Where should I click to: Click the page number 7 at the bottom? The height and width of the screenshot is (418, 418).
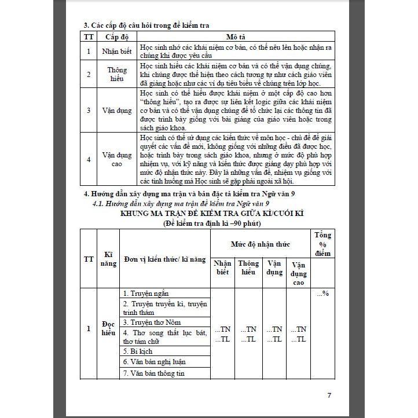point(329,396)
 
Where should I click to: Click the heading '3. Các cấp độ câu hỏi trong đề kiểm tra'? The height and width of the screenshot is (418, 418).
point(147,25)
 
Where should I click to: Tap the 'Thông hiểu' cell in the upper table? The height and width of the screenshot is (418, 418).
point(117,74)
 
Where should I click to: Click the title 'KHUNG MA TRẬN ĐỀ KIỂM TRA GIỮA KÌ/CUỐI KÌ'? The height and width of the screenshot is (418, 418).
point(212,213)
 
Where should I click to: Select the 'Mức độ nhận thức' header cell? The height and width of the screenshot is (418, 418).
point(261,244)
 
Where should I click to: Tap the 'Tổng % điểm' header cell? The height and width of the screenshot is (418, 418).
point(322,244)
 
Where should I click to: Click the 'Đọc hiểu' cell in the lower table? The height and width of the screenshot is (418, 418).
point(108,329)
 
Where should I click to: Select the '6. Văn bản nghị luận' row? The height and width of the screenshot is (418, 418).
point(154,362)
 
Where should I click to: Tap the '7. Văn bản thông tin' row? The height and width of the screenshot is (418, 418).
point(153,373)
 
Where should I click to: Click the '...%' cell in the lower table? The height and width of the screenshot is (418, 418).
point(322,294)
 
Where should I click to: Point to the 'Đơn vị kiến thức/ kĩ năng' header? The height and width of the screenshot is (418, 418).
point(165,259)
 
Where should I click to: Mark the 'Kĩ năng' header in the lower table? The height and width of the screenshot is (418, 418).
point(108,259)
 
